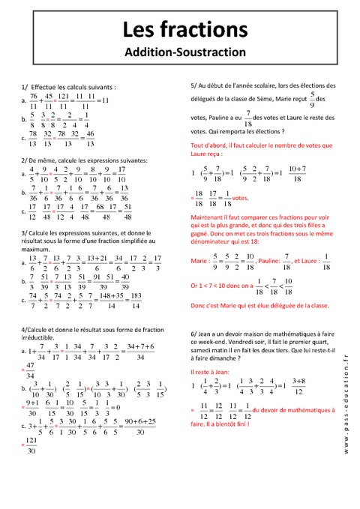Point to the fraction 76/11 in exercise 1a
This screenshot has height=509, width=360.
pyautogui.click(x=34, y=101)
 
